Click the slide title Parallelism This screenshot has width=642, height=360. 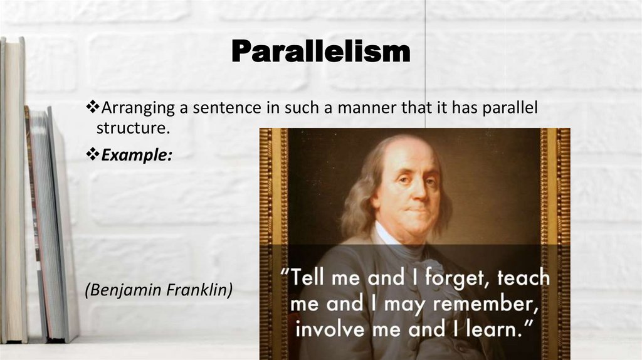coord(320,51)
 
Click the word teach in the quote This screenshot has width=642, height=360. coord(523,278)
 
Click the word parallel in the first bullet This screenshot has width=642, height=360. coord(510,109)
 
